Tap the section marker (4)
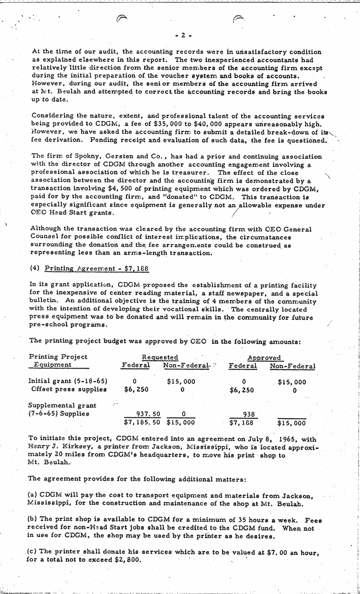coord(34,269)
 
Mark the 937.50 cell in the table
coord(148,413)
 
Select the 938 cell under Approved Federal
coord(248,413)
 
